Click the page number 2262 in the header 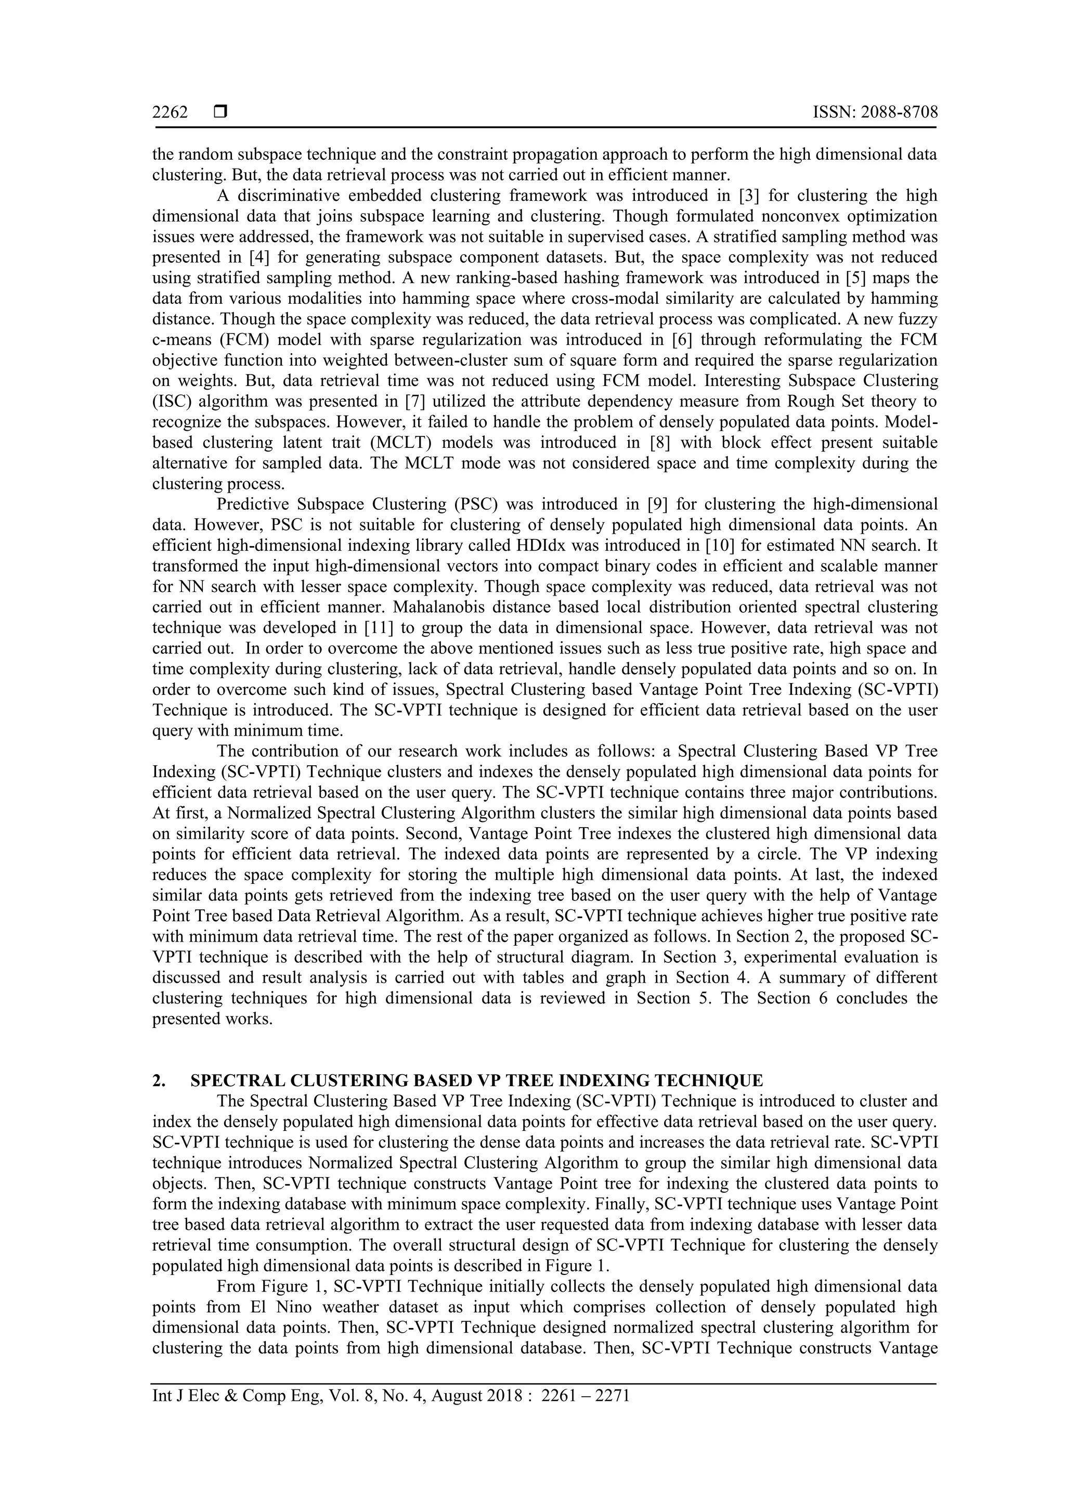point(170,113)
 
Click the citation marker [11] point(378,627)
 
